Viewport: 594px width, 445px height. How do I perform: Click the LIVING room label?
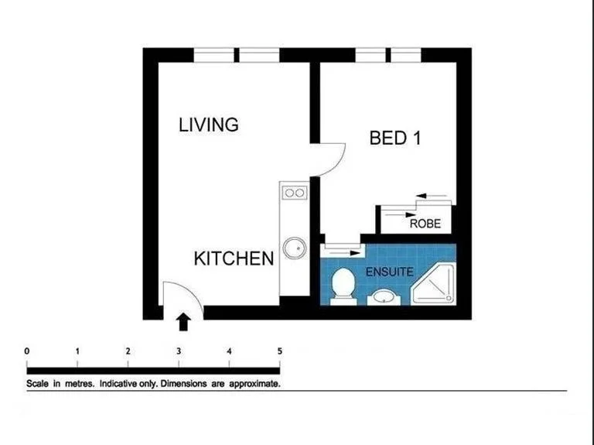click(208, 125)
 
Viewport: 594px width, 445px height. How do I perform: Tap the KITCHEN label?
click(234, 258)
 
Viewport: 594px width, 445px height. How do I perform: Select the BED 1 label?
click(399, 139)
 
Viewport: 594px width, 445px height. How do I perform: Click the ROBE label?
click(425, 224)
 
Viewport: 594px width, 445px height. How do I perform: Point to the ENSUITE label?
click(390, 272)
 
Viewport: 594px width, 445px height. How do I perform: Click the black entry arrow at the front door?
click(184, 320)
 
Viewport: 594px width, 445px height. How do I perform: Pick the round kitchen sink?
click(293, 248)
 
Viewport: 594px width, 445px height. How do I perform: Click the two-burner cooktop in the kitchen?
click(293, 192)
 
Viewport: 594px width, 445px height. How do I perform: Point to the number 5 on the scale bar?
click(279, 351)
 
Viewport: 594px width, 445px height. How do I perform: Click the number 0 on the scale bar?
click(27, 351)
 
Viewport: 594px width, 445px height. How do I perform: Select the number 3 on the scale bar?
click(179, 351)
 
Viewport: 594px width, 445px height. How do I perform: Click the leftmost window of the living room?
click(213, 55)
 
